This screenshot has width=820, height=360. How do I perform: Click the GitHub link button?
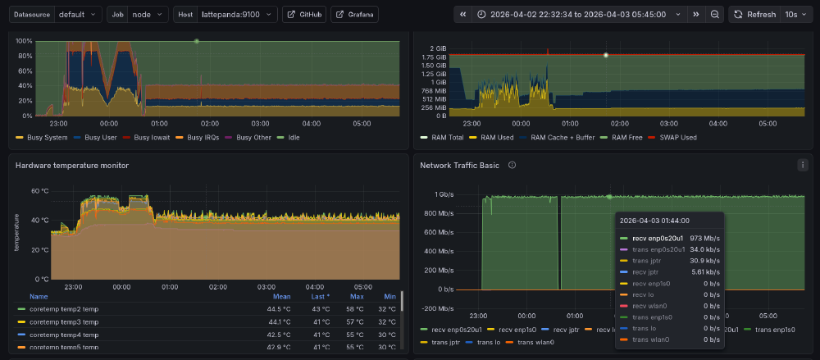click(x=304, y=15)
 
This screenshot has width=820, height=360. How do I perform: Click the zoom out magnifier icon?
click(x=715, y=15)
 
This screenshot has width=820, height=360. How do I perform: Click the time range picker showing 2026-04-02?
click(x=579, y=15)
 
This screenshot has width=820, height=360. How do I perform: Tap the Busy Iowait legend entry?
click(x=152, y=138)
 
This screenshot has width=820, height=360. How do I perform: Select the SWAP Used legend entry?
click(x=676, y=138)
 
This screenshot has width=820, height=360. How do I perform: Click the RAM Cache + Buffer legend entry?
click(x=563, y=138)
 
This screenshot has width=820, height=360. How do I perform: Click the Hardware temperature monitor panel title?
click(x=72, y=165)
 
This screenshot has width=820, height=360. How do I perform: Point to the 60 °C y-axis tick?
click(x=40, y=190)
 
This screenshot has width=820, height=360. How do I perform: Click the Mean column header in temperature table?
click(x=281, y=297)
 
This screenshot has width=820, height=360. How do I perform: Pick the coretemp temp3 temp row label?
click(x=63, y=322)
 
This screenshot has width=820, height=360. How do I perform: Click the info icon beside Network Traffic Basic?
click(x=512, y=165)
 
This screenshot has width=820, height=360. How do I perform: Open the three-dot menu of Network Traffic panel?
click(x=802, y=165)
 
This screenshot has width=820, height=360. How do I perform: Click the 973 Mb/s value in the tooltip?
click(x=704, y=238)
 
